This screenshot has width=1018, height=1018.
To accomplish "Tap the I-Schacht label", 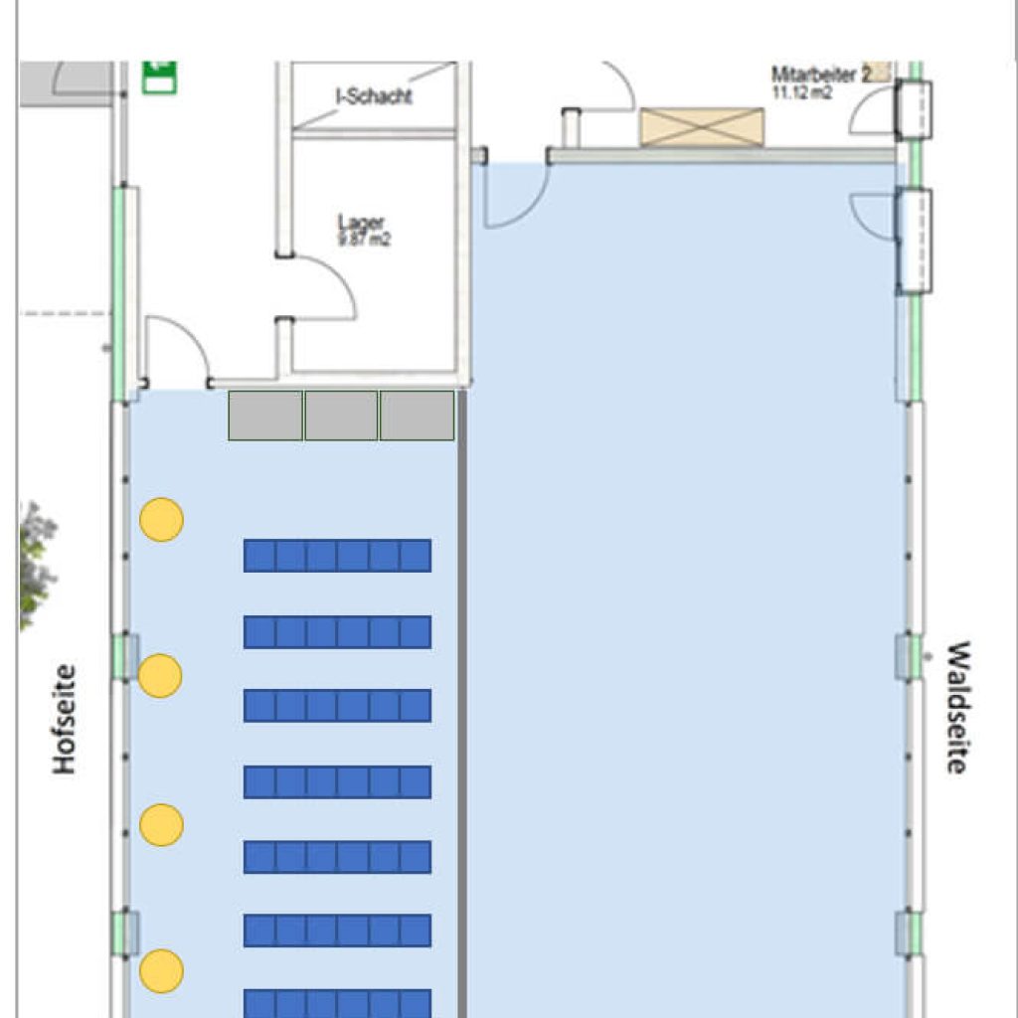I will click(374, 96).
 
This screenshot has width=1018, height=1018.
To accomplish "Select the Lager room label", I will click(360, 223).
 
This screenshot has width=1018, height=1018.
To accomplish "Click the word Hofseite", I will click(65, 720).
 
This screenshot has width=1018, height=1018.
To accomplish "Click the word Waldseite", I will click(956, 707).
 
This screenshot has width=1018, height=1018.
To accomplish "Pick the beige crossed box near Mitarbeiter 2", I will click(702, 127).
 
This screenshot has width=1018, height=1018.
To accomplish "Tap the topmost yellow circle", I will click(161, 520).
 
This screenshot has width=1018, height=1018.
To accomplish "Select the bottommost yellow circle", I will click(161, 971).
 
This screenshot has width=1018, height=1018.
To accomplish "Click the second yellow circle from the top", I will click(160, 676).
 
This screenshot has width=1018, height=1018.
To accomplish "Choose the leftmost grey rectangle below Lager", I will click(265, 416).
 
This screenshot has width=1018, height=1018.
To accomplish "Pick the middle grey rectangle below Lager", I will click(341, 416).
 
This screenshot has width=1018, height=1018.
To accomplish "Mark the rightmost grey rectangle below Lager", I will click(418, 416).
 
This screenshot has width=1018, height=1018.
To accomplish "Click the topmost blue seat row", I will click(337, 556).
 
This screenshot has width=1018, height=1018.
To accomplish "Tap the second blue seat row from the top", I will click(337, 632).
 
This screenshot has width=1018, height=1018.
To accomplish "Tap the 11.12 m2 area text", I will click(802, 92).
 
